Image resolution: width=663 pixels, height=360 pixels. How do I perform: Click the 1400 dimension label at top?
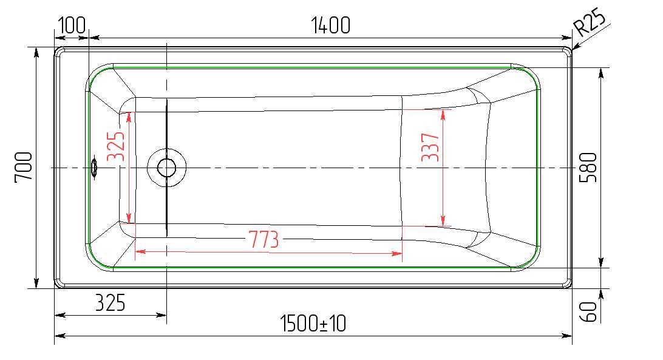[x=331, y=25]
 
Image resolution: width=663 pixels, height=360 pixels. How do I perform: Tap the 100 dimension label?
[x=72, y=25]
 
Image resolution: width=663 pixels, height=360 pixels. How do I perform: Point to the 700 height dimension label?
[x=24, y=167]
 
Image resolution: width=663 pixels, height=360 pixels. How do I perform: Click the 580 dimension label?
[x=588, y=168]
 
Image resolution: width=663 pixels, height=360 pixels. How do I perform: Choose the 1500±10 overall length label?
[x=313, y=324]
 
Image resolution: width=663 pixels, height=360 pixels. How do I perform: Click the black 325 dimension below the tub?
[x=110, y=303]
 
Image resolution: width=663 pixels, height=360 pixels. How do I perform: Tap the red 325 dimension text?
[x=116, y=146]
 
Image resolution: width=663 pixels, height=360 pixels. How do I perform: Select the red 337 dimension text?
[x=430, y=147]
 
